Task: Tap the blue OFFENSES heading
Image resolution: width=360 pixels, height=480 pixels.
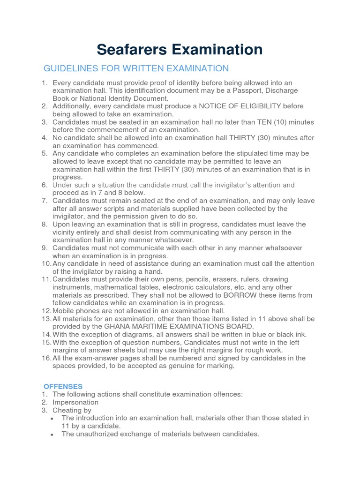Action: pos(63,386)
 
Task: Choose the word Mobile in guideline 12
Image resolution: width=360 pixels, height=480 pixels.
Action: pos(64,310)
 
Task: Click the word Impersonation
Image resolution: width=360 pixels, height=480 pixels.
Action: pos(75,402)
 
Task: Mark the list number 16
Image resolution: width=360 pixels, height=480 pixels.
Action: pos(45,358)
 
